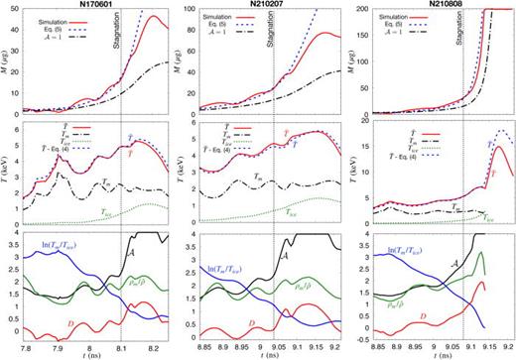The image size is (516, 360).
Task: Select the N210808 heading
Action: (436, 5)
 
